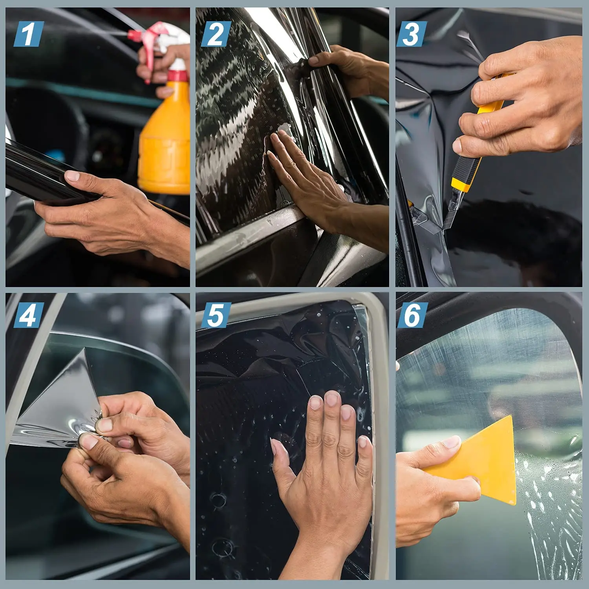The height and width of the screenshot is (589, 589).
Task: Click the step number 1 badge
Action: point(28,34)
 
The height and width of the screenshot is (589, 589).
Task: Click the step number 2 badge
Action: point(216,34)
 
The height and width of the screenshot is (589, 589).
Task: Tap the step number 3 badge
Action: point(411,34)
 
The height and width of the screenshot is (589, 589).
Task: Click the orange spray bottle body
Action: point(165,145)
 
